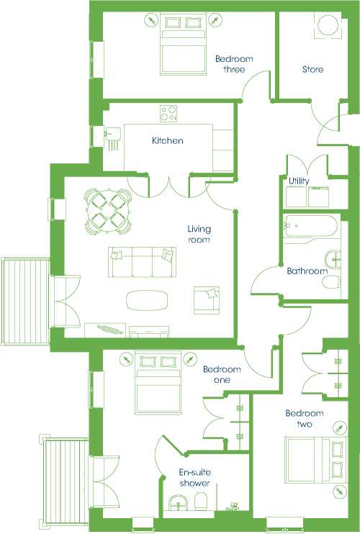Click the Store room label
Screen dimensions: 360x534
coord(312,70)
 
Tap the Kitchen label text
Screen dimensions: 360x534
coord(168,140)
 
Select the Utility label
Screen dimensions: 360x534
coord(299,181)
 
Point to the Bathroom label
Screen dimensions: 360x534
coord(307,271)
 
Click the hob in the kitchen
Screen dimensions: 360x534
coord(168,114)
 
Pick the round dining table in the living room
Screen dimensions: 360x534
coord(108,212)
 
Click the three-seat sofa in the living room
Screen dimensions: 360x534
coord(143,262)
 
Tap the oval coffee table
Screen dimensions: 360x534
coord(147,300)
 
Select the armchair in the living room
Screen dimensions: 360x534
coord(207,300)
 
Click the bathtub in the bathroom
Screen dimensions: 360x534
coord(310,226)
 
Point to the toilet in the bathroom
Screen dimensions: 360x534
coord(331,282)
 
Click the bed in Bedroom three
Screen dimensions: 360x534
coord(184,45)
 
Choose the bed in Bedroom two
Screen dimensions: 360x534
coord(316,460)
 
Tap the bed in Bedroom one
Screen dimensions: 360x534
coord(158,383)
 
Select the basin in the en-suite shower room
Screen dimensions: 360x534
coord(179,503)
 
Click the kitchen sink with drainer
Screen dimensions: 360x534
coord(113,138)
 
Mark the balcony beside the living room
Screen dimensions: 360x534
coord(25,302)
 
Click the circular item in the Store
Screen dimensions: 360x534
coord(328,25)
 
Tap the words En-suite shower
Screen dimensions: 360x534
coord(195,478)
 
